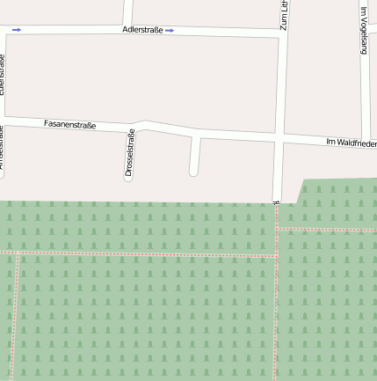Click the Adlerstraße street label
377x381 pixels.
pos(143,30)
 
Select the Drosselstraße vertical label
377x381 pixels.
pos(129,154)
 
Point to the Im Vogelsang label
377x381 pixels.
pos(363,31)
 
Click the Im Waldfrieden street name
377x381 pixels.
pos(351,142)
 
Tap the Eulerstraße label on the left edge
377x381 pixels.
pos(3,74)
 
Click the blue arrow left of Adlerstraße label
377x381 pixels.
pos(17,30)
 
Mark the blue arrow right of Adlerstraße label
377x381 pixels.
pos(170,30)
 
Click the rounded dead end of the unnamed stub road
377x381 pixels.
pos(193,172)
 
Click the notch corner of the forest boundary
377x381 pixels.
pos(301,202)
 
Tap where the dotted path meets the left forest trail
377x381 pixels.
pos(18,253)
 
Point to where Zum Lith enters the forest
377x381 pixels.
pos(276,201)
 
